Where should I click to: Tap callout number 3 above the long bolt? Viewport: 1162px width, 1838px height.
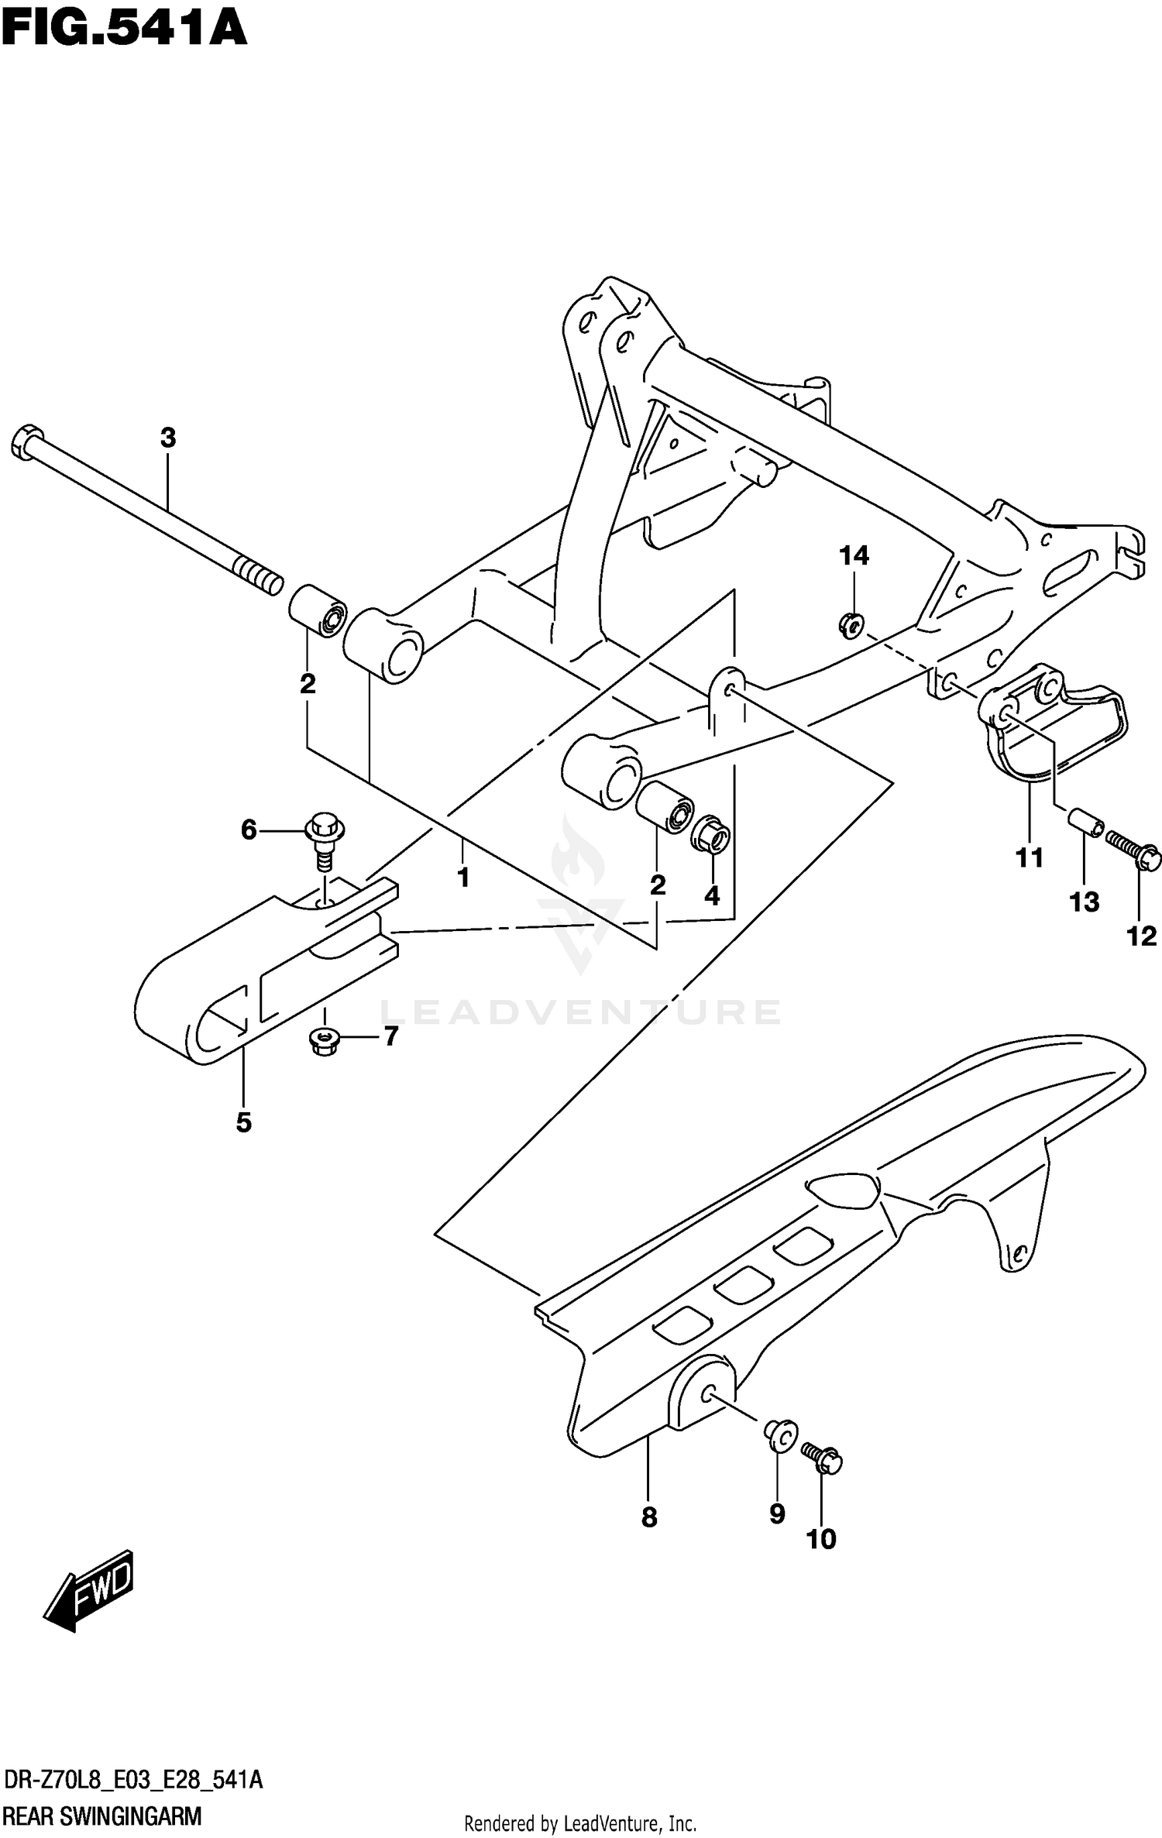click(168, 438)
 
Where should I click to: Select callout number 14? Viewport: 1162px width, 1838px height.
click(854, 555)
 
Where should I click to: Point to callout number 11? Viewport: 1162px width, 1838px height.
click(1030, 857)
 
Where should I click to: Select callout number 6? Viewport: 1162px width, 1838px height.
click(248, 830)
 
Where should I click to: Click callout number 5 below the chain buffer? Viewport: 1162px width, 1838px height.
click(244, 1122)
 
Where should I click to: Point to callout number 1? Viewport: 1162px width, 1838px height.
click(462, 878)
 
